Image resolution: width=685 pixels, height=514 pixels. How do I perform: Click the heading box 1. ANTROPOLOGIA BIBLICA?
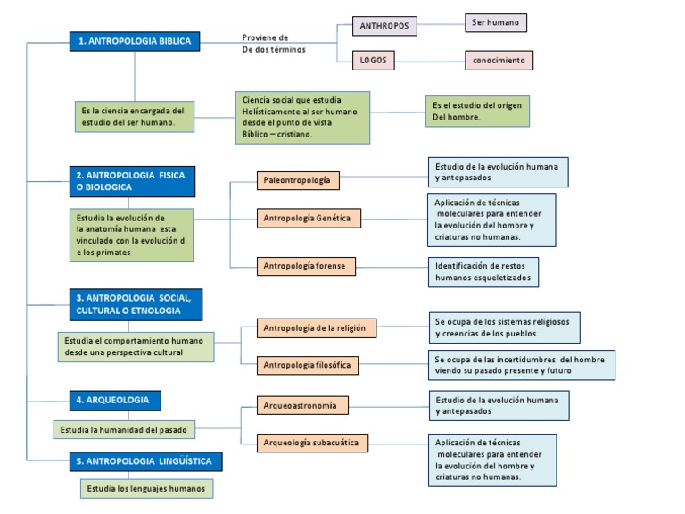pyautogui.click(x=134, y=41)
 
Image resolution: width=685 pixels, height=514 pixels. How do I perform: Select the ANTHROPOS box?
pyautogui.click(x=384, y=26)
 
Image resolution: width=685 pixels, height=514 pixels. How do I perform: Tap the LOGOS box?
pyautogui.click(x=365, y=60)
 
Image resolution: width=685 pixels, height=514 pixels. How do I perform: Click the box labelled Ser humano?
pyautogui.click(x=496, y=22)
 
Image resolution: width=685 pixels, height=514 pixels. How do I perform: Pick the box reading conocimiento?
pyautogui.click(x=499, y=61)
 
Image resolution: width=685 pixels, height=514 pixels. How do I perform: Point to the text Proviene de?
pyautogui.click(x=265, y=37)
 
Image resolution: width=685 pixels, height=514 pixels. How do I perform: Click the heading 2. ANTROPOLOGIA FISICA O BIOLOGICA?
pyautogui.click(x=133, y=181)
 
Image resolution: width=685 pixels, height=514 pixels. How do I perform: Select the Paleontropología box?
pyautogui.click(x=297, y=180)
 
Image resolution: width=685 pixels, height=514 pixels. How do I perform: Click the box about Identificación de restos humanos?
pyautogui.click(x=483, y=271)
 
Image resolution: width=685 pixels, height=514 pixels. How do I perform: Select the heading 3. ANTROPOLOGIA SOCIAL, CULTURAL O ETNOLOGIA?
pyautogui.click(x=136, y=303)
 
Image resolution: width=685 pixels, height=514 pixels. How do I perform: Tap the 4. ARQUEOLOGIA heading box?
pyautogui.click(x=116, y=400)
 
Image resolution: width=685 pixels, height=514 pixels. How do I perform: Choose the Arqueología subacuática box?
pyautogui.click(x=312, y=442)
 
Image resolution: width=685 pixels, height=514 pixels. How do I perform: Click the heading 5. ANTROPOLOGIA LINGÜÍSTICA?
pyautogui.click(x=144, y=461)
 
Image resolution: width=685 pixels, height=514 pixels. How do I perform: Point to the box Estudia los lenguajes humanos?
pyautogui.click(x=147, y=488)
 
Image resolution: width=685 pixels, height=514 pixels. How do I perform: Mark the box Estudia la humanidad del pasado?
pyautogui.click(x=124, y=429)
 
